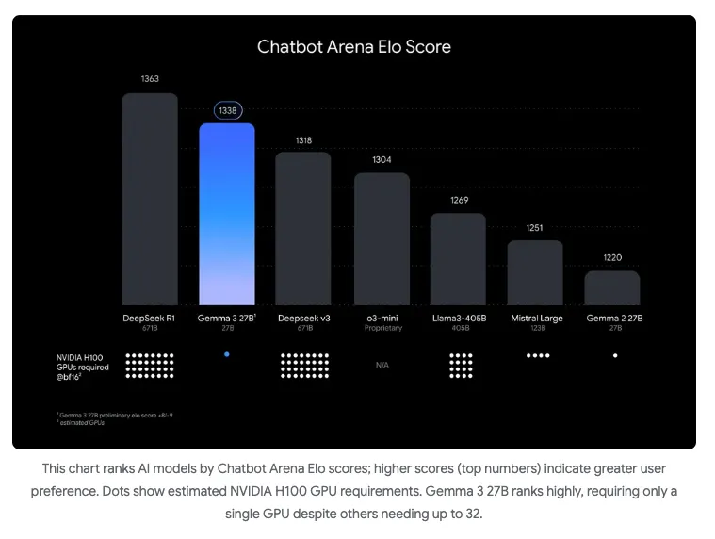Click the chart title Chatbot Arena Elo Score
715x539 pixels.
[354, 46]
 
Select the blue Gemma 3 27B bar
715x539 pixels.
[226, 212]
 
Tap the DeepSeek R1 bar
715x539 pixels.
[150, 198]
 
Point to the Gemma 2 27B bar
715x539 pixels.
[612, 287]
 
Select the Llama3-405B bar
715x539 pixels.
[459, 258]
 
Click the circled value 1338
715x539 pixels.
[227, 110]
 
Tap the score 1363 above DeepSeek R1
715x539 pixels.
[150, 79]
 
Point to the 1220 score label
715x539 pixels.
[612, 257]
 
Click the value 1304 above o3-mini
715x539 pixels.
[382, 160]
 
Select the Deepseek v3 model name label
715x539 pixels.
[304, 318]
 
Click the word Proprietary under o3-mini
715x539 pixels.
[382, 328]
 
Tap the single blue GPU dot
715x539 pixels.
[227, 354]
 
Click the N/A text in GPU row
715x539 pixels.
[382, 365]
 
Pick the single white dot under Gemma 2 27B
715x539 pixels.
[615, 355]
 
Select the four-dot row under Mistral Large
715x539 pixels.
[537, 355]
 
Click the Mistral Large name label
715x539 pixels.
[537, 318]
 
